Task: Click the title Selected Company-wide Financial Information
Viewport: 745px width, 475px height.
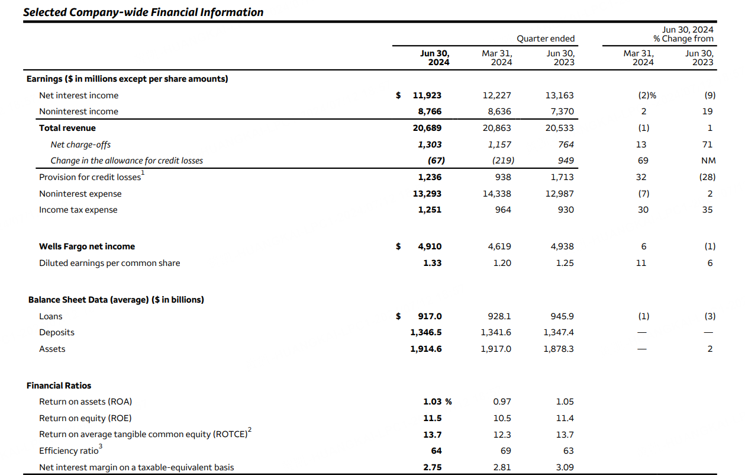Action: coord(143,12)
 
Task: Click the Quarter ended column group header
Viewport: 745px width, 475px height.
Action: coord(545,38)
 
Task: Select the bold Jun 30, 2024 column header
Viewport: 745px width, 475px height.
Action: coord(434,57)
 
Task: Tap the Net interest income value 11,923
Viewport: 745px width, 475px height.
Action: coord(427,95)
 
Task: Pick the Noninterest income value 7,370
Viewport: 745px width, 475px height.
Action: coord(559,111)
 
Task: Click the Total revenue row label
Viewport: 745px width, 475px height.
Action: coord(67,128)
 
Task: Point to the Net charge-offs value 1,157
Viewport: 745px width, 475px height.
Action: coord(498,145)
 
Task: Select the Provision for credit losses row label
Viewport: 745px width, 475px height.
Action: coord(90,177)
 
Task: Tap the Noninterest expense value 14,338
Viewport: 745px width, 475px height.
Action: coord(497,194)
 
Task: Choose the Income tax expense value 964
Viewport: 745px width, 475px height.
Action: coord(502,210)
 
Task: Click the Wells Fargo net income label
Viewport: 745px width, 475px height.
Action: coord(87,246)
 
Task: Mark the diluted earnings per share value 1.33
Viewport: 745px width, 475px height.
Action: coord(432,263)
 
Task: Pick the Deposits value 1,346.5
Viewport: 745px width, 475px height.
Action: coord(425,332)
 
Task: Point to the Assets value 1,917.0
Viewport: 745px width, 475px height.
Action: coord(496,349)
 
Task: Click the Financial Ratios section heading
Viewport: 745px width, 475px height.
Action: coord(59,386)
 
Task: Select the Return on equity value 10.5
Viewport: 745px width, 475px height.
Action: coord(502,418)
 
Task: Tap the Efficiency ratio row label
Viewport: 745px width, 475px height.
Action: coord(69,451)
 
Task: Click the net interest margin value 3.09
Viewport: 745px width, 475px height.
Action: coord(565,467)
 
